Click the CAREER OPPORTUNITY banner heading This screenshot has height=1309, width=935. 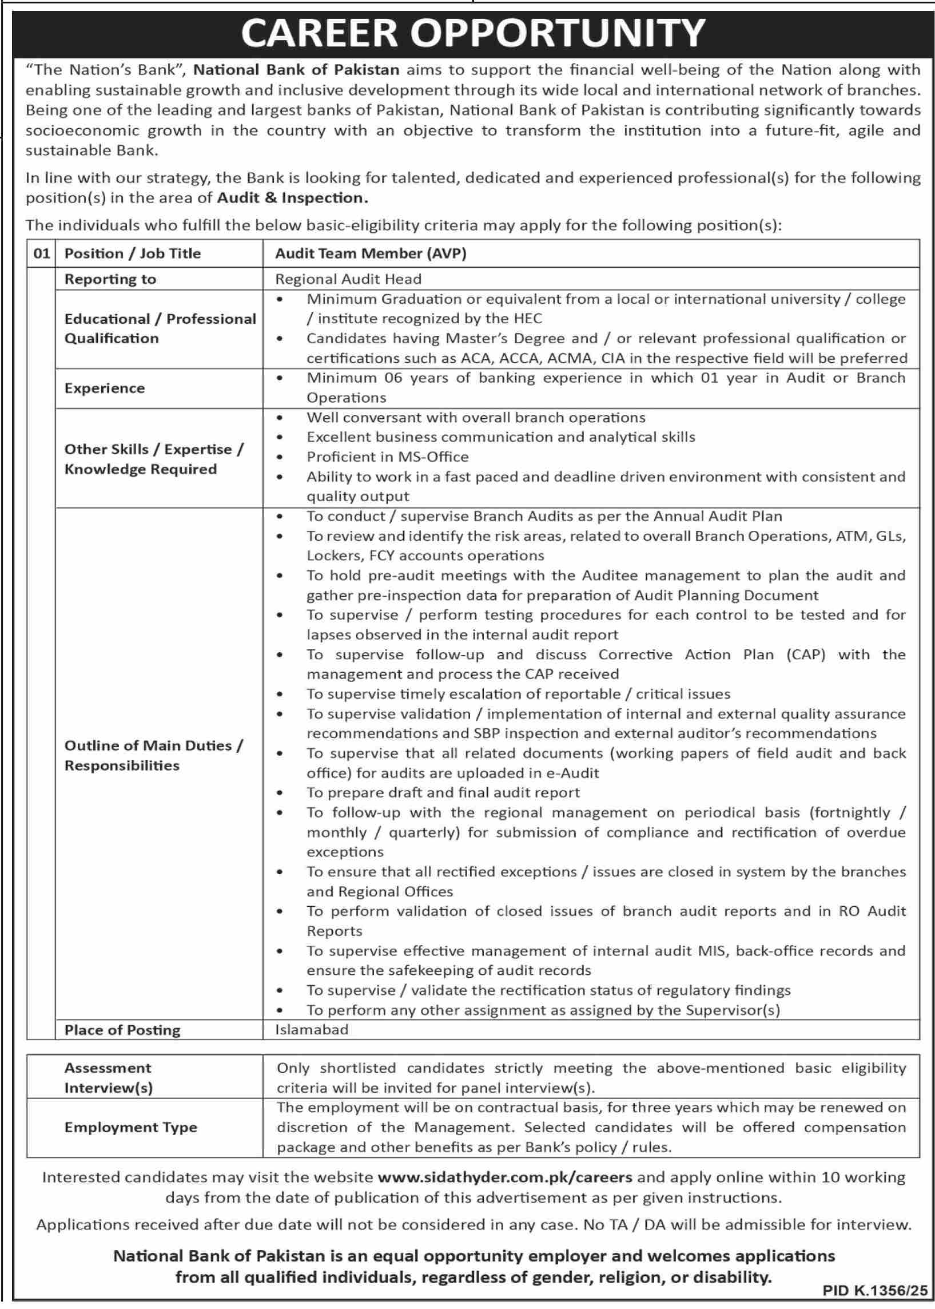click(473, 33)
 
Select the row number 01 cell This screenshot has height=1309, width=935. click(41, 253)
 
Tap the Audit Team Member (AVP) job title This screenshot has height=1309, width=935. click(370, 253)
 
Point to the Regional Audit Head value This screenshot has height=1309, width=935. click(348, 279)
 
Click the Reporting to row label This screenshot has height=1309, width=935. click(110, 279)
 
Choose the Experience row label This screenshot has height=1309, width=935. click(104, 388)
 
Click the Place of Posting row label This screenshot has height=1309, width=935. click(122, 1030)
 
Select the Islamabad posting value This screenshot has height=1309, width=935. click(312, 1029)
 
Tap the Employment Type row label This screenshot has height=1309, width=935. click(131, 1127)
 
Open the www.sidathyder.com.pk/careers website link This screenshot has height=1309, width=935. click(505, 1177)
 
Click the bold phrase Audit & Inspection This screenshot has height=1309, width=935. click(292, 198)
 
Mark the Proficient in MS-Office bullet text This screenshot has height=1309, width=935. click(388, 457)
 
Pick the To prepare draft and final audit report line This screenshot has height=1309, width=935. click(443, 792)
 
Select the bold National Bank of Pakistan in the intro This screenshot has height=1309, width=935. click(296, 70)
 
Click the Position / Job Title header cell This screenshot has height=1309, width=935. click(133, 253)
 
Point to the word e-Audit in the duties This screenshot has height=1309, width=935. click(574, 773)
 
